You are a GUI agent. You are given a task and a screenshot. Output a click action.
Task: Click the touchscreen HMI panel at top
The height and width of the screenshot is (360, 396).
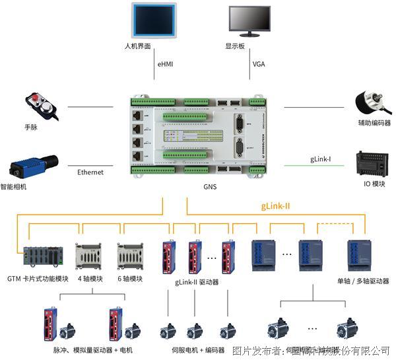click(154, 20)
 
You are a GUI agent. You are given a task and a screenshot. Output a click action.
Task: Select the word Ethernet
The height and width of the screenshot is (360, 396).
click(90, 172)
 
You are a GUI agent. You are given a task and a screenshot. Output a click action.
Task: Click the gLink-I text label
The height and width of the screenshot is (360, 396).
click(321, 159)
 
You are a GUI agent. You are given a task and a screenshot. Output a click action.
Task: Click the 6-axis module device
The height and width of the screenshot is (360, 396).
click(130, 256)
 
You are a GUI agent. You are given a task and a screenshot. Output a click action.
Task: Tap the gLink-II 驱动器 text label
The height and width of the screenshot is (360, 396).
click(198, 282)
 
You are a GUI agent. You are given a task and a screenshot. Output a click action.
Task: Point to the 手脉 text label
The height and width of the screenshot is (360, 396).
click(32, 127)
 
